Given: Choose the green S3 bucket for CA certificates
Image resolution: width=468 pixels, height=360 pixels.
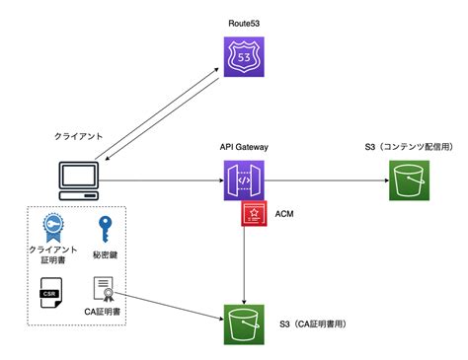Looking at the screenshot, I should [243, 323].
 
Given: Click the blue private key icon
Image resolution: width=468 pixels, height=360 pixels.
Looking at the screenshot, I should [106, 229].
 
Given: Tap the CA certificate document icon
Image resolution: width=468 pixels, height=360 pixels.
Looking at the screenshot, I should [106, 290].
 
